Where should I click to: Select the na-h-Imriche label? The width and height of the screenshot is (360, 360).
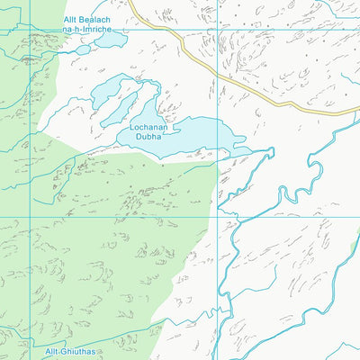pyautogui.click(x=87, y=30)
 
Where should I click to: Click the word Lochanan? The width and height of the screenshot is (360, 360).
pyautogui.click(x=150, y=128)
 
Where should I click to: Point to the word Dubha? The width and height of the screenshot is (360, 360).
pyautogui.click(x=150, y=138)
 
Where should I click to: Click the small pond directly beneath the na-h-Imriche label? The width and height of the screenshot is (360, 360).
pyautogui.click(x=84, y=49)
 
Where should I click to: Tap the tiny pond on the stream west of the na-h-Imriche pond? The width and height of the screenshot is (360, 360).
pyautogui.click(x=31, y=58)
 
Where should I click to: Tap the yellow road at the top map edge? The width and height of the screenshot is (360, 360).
pyautogui.click(x=131, y=3)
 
